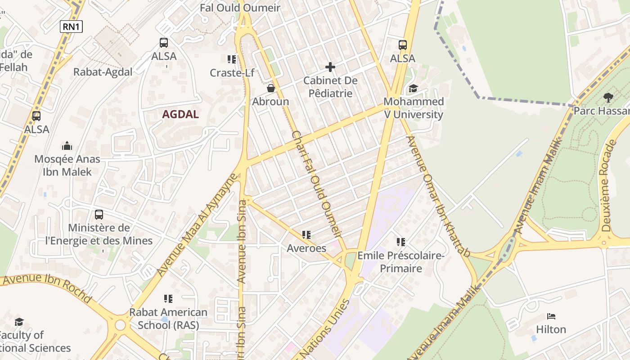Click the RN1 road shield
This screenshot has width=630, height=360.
click(x=71, y=27)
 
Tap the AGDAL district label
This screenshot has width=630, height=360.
click(x=180, y=114)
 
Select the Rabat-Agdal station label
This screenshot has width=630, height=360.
click(x=103, y=72)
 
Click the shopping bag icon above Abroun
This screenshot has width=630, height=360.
click(x=271, y=88)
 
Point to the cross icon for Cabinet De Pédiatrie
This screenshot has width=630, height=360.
click(x=330, y=67)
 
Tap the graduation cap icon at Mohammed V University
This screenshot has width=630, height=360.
click(x=413, y=88)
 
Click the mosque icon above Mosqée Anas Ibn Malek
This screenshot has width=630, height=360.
click(x=67, y=146)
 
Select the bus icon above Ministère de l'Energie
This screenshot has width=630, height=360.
click(x=99, y=215)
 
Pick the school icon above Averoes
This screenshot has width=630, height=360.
click(x=306, y=234)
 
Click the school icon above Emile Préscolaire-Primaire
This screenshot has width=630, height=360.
click(x=401, y=242)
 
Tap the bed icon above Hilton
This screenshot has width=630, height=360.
click(x=551, y=316)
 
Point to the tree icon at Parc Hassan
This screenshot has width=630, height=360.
click(x=608, y=97)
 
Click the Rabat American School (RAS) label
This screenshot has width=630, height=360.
click(x=168, y=318)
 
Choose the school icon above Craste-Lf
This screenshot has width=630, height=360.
click(x=232, y=59)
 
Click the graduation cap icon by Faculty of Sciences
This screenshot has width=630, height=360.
click(x=19, y=322)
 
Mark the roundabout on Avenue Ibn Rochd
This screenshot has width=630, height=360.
click(x=120, y=325)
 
